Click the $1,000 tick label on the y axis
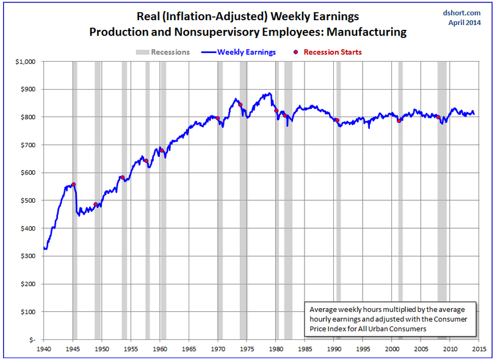click(27, 62)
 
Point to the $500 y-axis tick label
click(29, 201)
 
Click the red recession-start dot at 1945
click(73, 184)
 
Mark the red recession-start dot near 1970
click(218, 118)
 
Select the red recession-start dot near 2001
click(399, 120)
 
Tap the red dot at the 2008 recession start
click(438, 117)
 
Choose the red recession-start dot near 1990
click(336, 120)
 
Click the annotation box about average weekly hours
click(389, 319)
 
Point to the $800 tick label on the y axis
click(29, 117)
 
